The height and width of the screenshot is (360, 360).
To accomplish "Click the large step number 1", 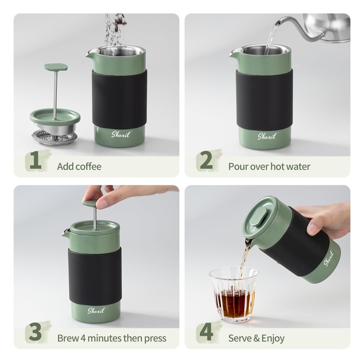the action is coord(36,161).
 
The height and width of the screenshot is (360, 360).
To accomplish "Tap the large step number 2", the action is coord(206,161).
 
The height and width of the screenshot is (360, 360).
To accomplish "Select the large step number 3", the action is coord(35,333).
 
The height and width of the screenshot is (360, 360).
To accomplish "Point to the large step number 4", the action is coord(207,333).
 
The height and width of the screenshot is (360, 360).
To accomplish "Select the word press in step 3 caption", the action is coord(155,338).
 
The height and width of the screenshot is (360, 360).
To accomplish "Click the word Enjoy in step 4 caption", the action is coord(273,338).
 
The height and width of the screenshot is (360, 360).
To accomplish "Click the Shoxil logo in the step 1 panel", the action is coord(121,134).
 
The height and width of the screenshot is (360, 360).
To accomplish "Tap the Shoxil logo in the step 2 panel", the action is coord(266,136).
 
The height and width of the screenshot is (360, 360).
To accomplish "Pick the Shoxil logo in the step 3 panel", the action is coord(96,310).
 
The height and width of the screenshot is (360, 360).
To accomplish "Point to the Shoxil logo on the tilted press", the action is coord(329,258).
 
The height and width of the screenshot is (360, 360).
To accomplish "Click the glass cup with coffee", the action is coord(234,295).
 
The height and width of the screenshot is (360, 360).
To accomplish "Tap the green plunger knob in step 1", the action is coord(56,67).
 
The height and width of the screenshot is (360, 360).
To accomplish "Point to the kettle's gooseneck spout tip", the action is coord(277,22).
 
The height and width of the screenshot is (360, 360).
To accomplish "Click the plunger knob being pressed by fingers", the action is coord(92,203).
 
